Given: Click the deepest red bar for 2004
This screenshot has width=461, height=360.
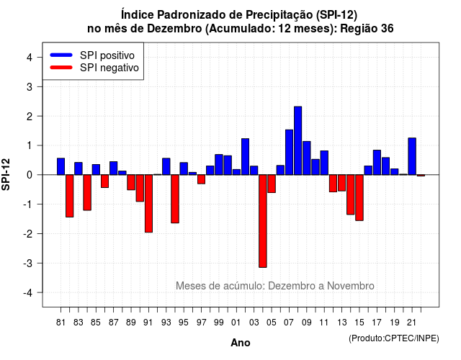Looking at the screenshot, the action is click(x=263, y=221).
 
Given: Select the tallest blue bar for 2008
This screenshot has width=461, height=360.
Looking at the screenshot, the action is click(x=297, y=140).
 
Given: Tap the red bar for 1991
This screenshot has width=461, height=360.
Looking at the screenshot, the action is click(x=149, y=203).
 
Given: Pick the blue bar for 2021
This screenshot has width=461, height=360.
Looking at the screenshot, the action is click(x=412, y=156).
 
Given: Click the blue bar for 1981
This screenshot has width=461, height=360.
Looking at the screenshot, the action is click(x=61, y=166).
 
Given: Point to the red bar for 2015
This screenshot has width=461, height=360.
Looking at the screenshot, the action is click(x=359, y=197).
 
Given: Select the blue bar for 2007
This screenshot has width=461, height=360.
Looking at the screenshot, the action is click(x=289, y=152).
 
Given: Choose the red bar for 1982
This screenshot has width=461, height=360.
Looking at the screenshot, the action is click(x=70, y=196).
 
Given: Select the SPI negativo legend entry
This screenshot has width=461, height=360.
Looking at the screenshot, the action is click(x=94, y=68).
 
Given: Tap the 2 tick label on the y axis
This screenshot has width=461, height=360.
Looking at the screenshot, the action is click(x=30, y=117).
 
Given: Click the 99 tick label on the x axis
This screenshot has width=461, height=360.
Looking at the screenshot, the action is click(x=219, y=323).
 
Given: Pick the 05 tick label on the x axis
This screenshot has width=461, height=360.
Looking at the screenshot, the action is click(x=272, y=323).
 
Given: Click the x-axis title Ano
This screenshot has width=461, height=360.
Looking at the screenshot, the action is click(x=241, y=343).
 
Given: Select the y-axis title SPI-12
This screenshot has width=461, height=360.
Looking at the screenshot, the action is click(x=6, y=174).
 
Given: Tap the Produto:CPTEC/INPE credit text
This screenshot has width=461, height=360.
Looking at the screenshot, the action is click(x=394, y=338).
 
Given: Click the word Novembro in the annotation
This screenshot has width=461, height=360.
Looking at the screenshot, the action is click(x=351, y=286).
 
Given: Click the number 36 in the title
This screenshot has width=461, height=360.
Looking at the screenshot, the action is click(x=388, y=29).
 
